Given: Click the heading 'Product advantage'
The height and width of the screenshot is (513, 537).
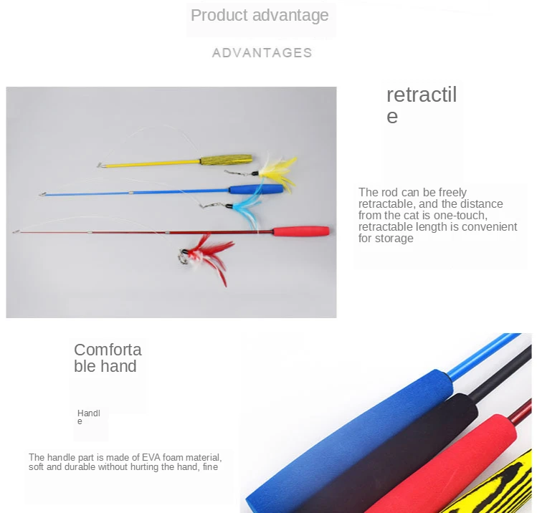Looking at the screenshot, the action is [260, 15].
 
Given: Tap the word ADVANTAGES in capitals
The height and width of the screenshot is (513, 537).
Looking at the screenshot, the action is [262, 53].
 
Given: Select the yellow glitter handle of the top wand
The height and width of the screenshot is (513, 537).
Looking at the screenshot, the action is [227, 160].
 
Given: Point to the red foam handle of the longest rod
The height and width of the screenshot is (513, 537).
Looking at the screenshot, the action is [301, 231].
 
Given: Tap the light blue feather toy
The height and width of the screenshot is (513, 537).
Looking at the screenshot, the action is [247, 208].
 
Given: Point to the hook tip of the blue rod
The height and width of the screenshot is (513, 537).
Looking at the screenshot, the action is [42, 194].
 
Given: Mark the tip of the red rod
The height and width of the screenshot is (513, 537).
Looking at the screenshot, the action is [15, 232].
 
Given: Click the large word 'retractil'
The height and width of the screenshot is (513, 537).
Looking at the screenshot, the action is [422, 95].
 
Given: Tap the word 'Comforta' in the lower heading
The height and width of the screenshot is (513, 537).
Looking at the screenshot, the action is [108, 350].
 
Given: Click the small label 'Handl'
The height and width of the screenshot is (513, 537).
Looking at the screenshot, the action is [89, 413].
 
